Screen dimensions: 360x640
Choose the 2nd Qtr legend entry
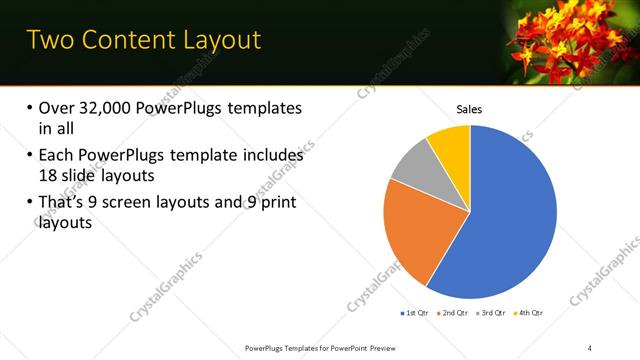click(x=453, y=313)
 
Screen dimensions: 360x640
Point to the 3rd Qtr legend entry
click(x=491, y=313)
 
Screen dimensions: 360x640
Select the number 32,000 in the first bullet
click(x=112, y=108)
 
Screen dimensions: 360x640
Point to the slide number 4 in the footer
click(x=590, y=347)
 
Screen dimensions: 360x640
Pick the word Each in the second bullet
click(x=56, y=156)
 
